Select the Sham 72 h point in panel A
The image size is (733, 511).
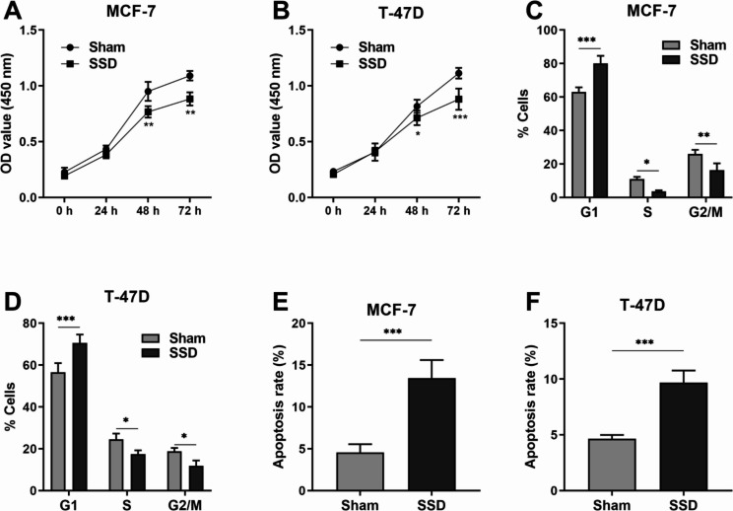tap(190, 76)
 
